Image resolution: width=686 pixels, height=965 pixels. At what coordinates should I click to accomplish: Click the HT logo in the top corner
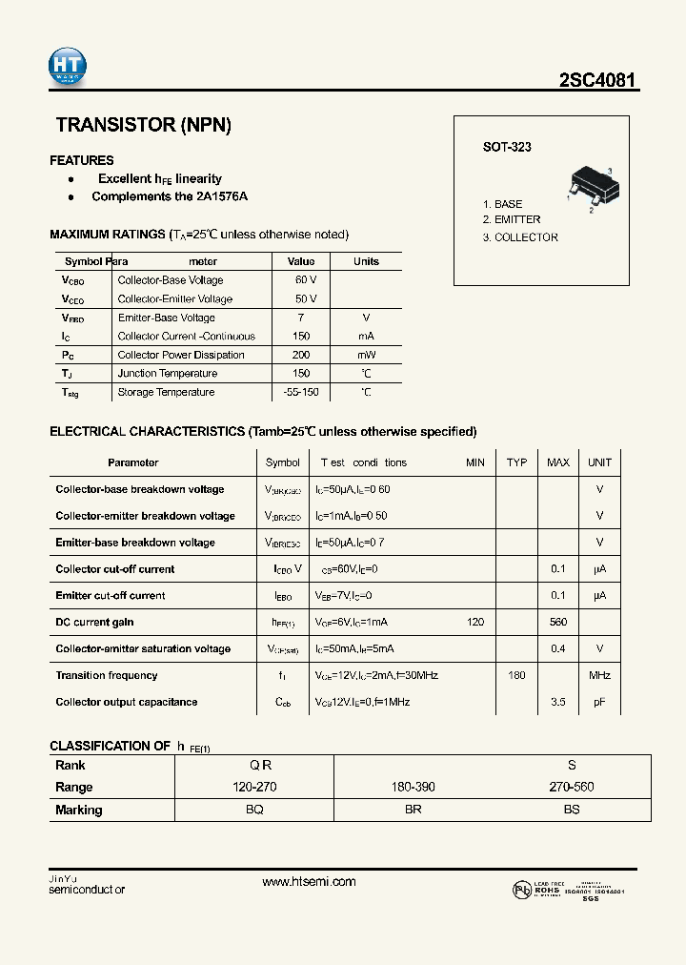click(68, 66)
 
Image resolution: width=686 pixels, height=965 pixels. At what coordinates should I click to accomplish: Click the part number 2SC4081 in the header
click(597, 81)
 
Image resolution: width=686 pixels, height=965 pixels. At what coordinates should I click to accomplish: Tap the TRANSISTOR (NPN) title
click(144, 125)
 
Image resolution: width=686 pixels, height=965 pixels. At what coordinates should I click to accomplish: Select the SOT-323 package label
click(507, 147)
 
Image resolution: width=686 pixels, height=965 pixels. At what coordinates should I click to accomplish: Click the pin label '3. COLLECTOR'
click(520, 237)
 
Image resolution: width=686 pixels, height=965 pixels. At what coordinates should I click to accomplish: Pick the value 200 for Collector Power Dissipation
click(301, 355)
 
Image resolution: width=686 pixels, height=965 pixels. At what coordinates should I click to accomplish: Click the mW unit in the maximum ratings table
click(366, 355)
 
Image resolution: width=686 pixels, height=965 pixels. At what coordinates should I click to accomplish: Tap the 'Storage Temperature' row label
click(166, 392)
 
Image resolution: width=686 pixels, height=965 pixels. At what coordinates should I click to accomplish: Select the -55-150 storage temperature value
click(301, 392)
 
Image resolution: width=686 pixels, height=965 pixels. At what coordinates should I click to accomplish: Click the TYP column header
click(516, 462)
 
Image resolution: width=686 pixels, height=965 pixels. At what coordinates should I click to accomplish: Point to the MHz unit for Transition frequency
click(599, 675)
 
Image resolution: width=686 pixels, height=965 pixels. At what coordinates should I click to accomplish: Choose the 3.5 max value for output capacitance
click(557, 702)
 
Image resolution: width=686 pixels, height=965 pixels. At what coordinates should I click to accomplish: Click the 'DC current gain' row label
click(94, 622)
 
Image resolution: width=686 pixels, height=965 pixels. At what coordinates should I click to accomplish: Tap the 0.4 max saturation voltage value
click(557, 648)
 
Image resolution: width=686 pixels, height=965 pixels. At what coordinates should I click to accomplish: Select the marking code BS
click(571, 810)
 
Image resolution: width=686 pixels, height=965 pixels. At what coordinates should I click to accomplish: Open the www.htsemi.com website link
click(309, 882)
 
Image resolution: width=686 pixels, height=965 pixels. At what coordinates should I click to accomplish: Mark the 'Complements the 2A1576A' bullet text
click(170, 196)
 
